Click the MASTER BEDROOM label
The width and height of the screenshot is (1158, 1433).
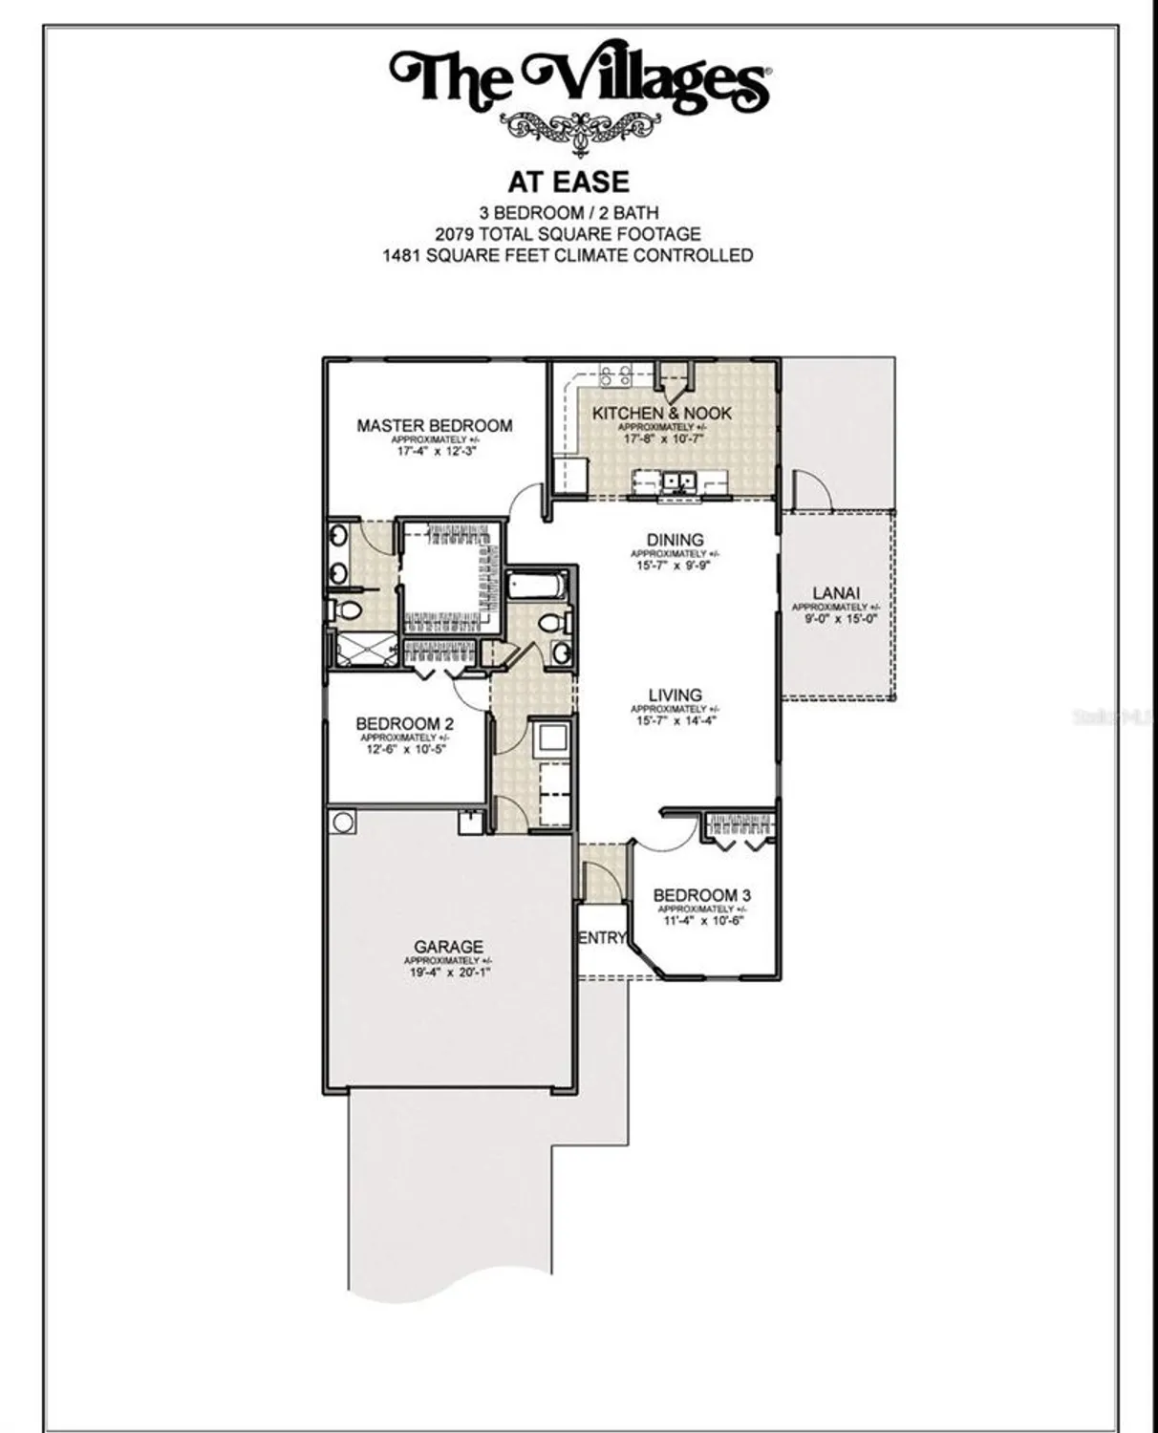coord(434,425)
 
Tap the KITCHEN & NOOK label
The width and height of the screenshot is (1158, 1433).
coord(661,413)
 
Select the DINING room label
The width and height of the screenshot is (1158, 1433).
coord(675,540)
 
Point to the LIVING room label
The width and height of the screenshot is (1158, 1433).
coord(675,695)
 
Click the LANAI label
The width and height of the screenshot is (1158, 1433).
coord(836,593)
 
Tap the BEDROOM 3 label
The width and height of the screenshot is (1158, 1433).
coord(701,895)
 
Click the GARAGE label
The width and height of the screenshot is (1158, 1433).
coord(448,947)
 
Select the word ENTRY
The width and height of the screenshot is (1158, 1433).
coord(602,938)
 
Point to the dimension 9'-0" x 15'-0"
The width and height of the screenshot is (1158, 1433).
coord(836,619)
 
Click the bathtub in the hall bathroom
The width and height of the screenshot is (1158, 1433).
coord(537,584)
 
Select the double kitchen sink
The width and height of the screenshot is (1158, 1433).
coord(678,481)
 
